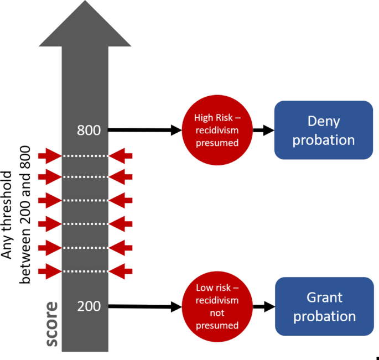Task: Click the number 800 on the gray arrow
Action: [89, 131]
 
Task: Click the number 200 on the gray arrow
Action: [89, 306]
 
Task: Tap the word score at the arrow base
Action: [51, 324]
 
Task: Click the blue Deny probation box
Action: [323, 131]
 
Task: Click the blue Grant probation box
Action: [323, 306]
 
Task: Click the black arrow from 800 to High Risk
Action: [144, 131]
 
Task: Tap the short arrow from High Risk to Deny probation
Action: [264, 131]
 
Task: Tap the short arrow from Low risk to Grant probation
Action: [264, 306]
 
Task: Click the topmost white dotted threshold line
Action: [85, 156]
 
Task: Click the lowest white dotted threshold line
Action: [85, 272]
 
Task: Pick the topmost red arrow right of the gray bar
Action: [121, 156]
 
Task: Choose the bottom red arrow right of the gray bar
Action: [121, 272]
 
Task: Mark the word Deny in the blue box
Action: [323, 121]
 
